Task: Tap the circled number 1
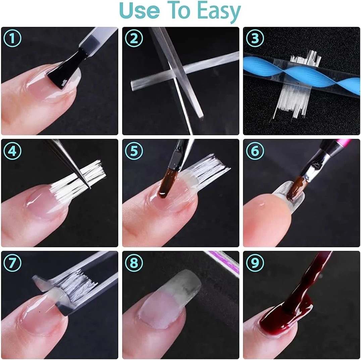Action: tap(12, 38)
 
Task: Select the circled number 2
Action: tap(134, 38)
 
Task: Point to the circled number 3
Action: tap(255, 38)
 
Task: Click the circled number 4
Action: tap(12, 151)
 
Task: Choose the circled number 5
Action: tap(134, 151)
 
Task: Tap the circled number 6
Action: tap(255, 151)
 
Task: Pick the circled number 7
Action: tap(12, 262)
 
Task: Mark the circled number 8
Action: tap(134, 262)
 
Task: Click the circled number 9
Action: tap(255, 262)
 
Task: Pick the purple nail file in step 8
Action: tap(224, 261)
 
